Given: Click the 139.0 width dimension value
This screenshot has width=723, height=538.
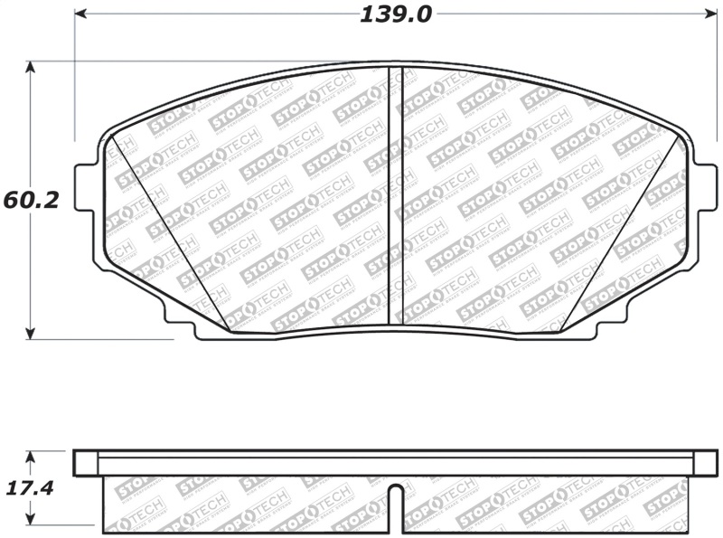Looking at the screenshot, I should [395, 14].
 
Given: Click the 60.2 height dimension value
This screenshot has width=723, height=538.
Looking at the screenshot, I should [31, 200].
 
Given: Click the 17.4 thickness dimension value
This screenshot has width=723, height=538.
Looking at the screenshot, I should [31, 489].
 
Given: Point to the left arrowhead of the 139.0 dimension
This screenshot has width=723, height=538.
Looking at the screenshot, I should [80, 14].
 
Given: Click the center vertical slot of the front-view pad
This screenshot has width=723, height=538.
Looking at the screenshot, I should [395, 194].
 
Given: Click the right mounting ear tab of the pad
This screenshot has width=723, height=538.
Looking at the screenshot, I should [704, 187].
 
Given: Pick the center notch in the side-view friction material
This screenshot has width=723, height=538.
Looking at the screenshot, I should [396, 497].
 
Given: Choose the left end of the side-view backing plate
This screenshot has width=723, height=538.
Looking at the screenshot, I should [85, 463].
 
